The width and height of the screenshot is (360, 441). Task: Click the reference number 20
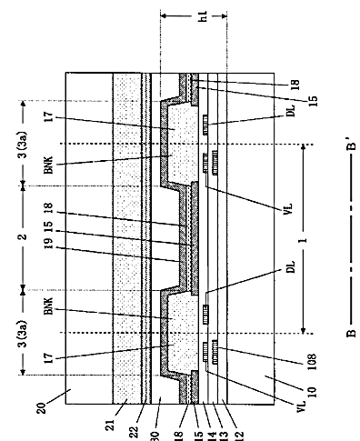coord(42,407)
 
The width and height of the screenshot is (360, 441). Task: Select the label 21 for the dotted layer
coord(112,425)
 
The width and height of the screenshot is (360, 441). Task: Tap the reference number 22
coord(134,432)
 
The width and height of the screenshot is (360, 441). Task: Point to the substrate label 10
coord(312,392)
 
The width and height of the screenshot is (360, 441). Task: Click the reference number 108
coord(312,362)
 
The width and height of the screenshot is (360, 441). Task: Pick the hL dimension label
coord(203,16)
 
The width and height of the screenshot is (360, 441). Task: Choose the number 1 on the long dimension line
coord(304,240)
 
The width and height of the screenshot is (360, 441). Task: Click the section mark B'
coord(351,145)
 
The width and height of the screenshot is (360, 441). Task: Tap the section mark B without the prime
coord(351,333)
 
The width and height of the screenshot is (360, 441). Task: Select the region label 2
coord(24,236)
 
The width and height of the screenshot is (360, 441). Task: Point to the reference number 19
coord(49,243)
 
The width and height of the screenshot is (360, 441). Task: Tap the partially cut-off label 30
coord(155,436)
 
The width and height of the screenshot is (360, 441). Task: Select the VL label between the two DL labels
coord(288,209)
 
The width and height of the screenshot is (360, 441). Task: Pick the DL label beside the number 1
coord(290,266)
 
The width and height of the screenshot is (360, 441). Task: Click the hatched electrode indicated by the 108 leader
coord(215,352)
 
